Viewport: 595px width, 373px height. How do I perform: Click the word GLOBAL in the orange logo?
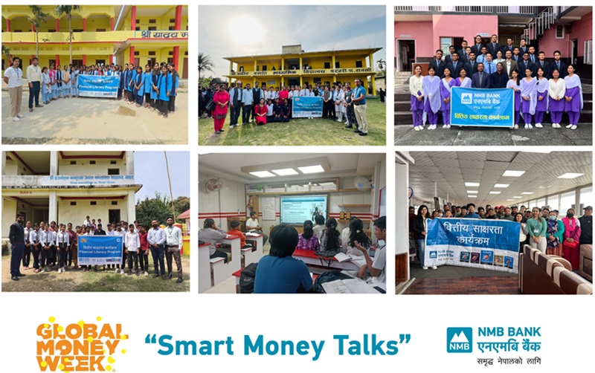(78, 329)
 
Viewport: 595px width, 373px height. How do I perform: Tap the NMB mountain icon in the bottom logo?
(459, 340)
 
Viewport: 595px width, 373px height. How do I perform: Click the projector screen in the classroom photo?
(303, 210)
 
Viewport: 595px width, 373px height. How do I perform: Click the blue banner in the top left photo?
(98, 85)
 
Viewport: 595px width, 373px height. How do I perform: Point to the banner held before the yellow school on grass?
(307, 106)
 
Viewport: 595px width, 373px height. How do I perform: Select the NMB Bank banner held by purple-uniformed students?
(481, 106)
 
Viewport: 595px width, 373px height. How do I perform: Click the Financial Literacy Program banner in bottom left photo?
(100, 250)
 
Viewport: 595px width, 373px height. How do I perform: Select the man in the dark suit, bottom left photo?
(16, 245)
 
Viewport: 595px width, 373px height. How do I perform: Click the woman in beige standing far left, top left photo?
(13, 88)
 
